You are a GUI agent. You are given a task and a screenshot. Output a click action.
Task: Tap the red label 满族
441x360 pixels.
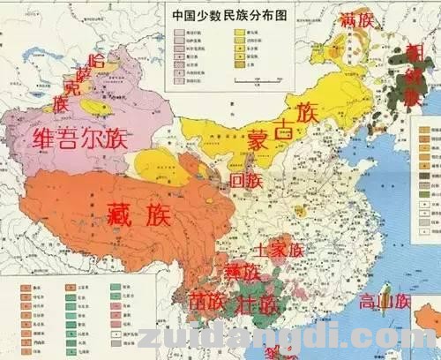coord(358,19)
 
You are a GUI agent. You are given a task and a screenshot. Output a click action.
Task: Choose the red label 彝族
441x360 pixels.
coord(241,272)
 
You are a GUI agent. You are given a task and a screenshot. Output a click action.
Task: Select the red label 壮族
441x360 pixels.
coord(258,304)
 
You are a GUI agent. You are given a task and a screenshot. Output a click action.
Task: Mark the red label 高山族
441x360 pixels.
coord(385,301)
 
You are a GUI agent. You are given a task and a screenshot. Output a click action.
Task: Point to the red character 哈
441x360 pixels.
coord(98,60)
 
